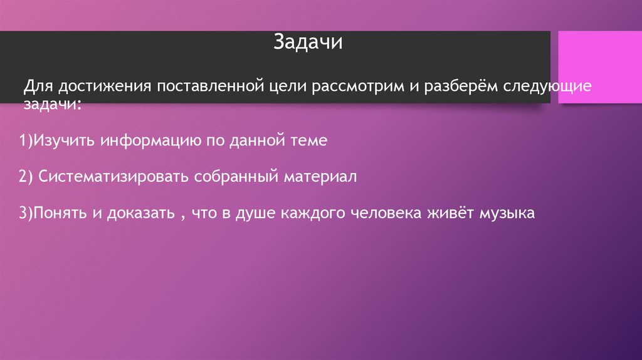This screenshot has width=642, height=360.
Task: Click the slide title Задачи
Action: click(x=307, y=44)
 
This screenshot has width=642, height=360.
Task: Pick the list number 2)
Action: click(x=25, y=177)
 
